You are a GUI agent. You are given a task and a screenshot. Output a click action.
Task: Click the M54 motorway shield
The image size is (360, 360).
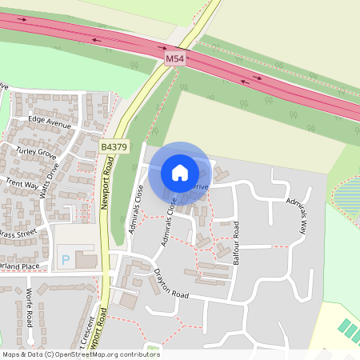click(174, 60)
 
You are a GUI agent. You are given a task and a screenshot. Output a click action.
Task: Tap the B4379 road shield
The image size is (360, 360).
click(114, 147)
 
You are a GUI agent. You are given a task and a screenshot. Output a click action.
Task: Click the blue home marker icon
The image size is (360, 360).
click(180, 172)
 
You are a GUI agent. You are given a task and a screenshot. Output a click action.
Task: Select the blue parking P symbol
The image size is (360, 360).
click(65, 260)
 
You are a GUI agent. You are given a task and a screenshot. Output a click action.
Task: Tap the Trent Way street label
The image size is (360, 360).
click(21, 183)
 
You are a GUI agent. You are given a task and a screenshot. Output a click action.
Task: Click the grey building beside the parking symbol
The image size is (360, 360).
click(86, 260)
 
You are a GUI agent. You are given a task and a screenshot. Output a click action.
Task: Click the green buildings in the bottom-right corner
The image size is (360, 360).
click(349, 330)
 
